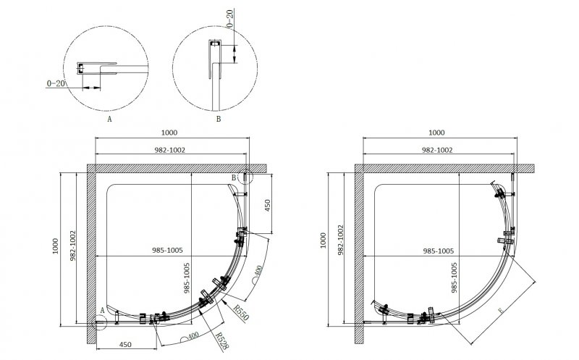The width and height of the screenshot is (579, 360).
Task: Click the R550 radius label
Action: pyautogui.click(x=242, y=312)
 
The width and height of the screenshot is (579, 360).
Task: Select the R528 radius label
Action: pyautogui.click(x=222, y=340)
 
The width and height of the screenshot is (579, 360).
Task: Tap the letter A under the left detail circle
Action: pyautogui.click(x=109, y=119)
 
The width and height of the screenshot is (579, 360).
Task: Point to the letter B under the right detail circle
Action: pyautogui.click(x=219, y=119)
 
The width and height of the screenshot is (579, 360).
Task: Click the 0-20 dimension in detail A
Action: pyautogui.click(x=56, y=83)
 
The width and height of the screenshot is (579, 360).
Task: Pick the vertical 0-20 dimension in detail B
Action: pyautogui.click(x=229, y=19)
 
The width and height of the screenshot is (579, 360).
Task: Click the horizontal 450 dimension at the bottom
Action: pyautogui.click(x=125, y=345)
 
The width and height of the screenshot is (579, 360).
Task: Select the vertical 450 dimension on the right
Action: pyautogui.click(x=267, y=206)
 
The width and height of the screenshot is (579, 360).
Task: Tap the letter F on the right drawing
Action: pyautogui.click(x=501, y=311)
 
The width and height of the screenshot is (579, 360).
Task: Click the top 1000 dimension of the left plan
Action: pyautogui.click(x=169, y=133)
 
